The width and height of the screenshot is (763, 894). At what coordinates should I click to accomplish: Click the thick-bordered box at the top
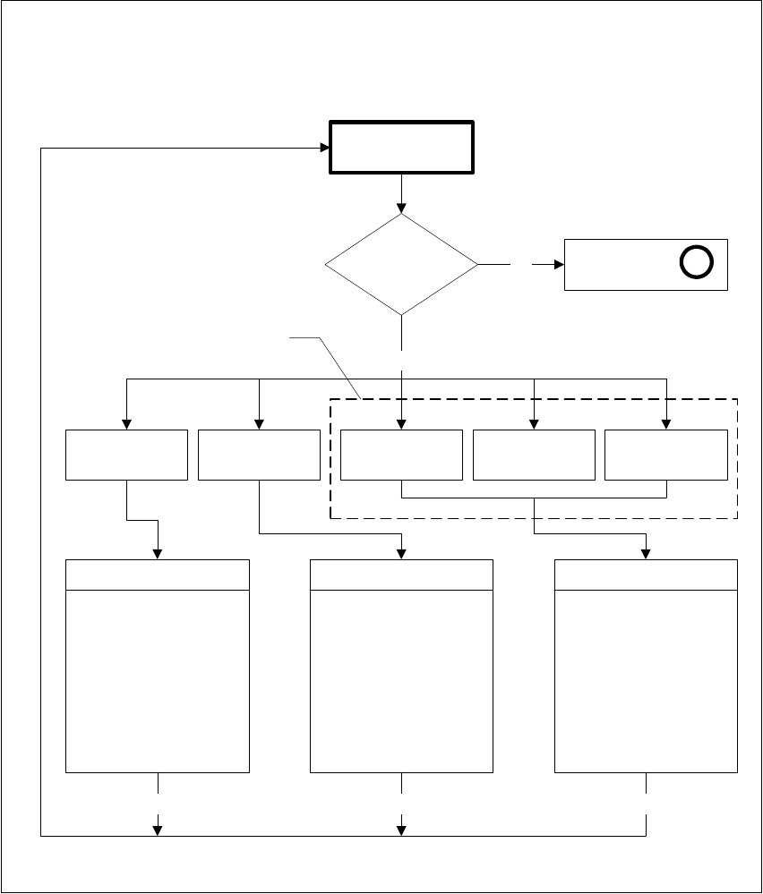click(x=402, y=149)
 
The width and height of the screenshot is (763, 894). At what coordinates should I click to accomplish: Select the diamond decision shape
click(x=401, y=265)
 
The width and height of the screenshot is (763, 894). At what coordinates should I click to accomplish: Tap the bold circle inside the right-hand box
click(x=697, y=262)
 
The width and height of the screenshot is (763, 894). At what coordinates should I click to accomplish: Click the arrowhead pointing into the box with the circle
click(x=558, y=265)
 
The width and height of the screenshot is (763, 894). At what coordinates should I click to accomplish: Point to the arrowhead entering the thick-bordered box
click(x=325, y=148)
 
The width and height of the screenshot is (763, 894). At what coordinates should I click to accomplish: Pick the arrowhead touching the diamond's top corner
click(x=401, y=208)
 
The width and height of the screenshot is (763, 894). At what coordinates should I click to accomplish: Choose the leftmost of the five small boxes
click(x=126, y=455)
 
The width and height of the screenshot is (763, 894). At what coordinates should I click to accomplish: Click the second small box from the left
click(x=259, y=455)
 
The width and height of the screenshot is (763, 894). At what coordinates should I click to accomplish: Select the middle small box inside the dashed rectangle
click(x=534, y=455)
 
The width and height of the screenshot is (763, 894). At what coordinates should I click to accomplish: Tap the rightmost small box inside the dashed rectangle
click(x=666, y=455)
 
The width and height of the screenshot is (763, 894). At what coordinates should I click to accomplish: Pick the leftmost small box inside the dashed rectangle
click(x=401, y=455)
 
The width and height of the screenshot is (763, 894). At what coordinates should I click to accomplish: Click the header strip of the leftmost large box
click(x=159, y=575)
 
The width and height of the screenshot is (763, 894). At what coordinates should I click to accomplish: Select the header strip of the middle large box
click(x=401, y=575)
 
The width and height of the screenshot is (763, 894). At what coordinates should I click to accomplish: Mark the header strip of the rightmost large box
click(x=647, y=575)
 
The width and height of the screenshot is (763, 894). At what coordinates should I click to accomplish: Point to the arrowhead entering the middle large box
click(x=401, y=554)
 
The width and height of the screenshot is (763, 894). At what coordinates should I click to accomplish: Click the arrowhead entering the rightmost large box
click(x=647, y=554)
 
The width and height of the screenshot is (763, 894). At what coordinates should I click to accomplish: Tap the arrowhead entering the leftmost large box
click(x=159, y=554)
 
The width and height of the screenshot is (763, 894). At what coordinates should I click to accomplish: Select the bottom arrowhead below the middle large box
click(x=401, y=830)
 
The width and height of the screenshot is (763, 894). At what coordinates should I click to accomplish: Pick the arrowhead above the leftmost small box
click(x=126, y=424)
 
